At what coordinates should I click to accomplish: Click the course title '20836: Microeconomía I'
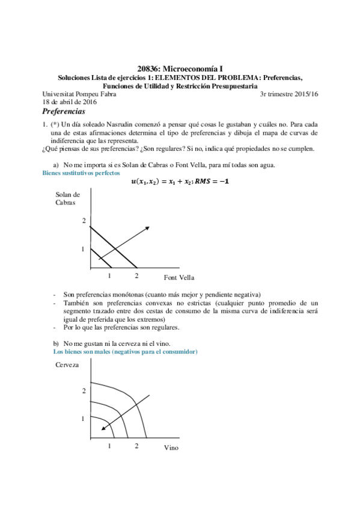[x=180, y=70]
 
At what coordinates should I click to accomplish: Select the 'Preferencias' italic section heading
[x=64, y=112]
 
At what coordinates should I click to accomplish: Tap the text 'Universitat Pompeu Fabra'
[x=79, y=94]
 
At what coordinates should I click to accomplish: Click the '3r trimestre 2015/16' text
[x=288, y=94]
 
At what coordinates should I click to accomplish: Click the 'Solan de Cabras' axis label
[x=67, y=198]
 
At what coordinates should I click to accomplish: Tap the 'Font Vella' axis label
[x=179, y=277]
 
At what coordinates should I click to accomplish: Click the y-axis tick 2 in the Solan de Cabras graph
[x=84, y=221]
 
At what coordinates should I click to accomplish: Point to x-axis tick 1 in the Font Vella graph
[x=109, y=276]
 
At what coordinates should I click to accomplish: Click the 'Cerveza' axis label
[x=67, y=365]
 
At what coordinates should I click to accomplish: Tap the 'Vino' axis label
[x=171, y=448]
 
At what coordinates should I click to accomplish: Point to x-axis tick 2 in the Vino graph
[x=136, y=446]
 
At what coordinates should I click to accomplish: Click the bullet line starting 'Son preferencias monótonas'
[x=162, y=295]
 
